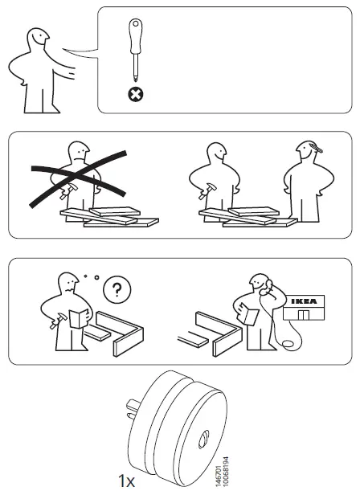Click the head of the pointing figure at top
(36, 42)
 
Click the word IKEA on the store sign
(309, 301)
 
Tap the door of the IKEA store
(304, 315)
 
